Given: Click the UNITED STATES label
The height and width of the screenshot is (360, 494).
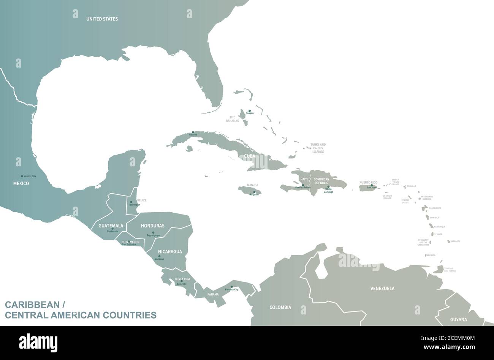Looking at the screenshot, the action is point(102,19).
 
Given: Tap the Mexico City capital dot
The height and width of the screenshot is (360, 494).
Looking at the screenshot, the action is point(22,176).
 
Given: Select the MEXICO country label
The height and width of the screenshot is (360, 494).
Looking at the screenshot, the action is point(21,183).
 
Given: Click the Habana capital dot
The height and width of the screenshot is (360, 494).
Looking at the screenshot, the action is point(193,133).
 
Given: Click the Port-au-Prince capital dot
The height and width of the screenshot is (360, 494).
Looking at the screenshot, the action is point(303,185).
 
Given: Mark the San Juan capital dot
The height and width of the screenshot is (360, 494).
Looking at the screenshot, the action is point(372,185).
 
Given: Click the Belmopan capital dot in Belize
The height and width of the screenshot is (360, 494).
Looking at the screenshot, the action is point(131,202).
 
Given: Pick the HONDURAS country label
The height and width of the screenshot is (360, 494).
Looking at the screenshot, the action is point(152,226).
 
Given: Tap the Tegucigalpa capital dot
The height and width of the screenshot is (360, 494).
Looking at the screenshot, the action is point(153,232).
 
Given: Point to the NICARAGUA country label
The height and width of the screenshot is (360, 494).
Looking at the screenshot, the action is point(170,251).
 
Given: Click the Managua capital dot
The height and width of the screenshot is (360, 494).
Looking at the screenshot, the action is point(159,256).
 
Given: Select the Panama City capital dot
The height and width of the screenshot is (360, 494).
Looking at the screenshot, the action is point(232,287).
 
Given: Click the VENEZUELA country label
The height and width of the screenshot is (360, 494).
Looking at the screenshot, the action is point(382,289).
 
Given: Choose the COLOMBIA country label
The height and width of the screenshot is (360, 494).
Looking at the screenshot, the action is point(280,307).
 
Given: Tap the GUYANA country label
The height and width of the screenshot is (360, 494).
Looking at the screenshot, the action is point(458,320).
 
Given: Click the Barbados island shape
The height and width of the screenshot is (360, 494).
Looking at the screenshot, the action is point(449,241).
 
